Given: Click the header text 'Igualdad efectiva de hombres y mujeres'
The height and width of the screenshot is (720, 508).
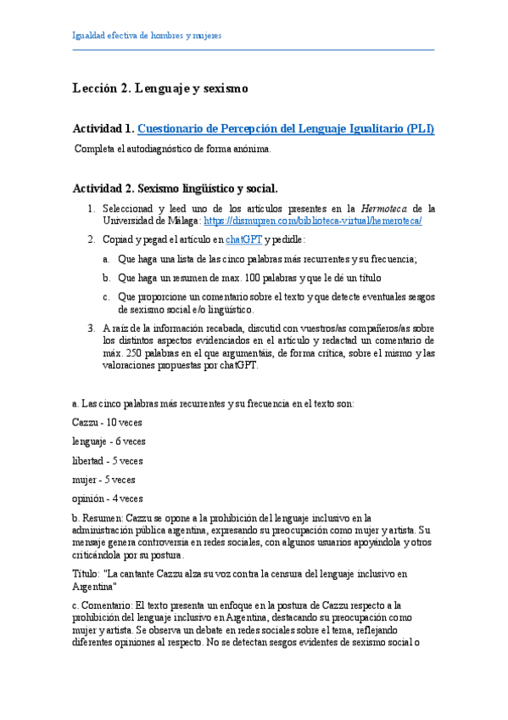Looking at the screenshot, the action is [x=148, y=37].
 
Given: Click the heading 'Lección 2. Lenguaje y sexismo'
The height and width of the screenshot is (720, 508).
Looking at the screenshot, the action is [x=160, y=87].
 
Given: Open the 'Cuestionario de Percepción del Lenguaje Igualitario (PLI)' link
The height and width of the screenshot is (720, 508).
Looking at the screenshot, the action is [x=286, y=129].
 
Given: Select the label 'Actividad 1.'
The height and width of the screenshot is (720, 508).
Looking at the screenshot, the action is [x=103, y=129].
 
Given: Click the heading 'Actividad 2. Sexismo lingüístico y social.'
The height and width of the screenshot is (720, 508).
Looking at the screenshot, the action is [x=175, y=188].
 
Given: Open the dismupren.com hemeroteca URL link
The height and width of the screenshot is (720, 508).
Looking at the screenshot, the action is [x=313, y=221].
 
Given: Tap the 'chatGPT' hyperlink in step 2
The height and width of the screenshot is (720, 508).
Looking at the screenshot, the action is [x=243, y=239].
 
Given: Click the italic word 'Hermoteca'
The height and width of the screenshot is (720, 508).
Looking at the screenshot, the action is [x=384, y=208].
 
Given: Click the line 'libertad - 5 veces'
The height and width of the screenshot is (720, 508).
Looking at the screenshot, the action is [x=108, y=460].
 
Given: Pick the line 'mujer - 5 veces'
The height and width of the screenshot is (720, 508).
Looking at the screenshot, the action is [x=104, y=480].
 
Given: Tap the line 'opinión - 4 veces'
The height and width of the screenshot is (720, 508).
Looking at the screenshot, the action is [x=108, y=498].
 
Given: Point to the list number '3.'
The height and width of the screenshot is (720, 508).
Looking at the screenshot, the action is [x=92, y=328].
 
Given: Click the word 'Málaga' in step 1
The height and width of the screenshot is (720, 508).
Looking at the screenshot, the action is [x=177, y=221].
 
